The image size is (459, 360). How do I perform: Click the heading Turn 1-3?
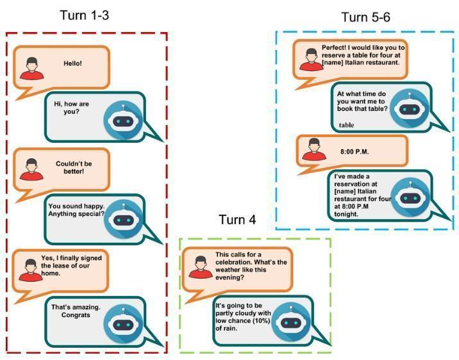(x=85, y=15)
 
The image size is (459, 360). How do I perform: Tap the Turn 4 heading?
(x=237, y=219)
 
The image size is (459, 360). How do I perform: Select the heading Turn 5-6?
(x=365, y=17)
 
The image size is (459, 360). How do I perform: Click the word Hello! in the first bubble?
(x=73, y=63)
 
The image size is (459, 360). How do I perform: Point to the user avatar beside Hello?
(x=32, y=69)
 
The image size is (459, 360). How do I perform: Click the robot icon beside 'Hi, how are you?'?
(x=123, y=120)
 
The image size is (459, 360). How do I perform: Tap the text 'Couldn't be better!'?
(x=74, y=167)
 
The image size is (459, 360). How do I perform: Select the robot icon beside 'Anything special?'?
(x=124, y=219)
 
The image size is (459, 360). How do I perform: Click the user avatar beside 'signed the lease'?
(x=31, y=270)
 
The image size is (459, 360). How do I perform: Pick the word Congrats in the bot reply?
(x=76, y=315)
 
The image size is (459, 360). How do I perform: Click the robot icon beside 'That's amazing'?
(x=123, y=323)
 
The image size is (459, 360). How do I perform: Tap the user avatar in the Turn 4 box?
(x=201, y=267)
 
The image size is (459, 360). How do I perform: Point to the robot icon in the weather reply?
(x=291, y=322)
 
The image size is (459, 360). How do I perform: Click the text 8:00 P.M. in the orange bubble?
(x=355, y=151)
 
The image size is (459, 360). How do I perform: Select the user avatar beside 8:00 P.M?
(x=314, y=149)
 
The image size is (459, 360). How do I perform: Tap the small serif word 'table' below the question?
(x=347, y=125)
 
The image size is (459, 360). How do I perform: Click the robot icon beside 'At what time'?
(x=410, y=108)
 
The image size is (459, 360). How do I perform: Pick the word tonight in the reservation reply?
(x=346, y=214)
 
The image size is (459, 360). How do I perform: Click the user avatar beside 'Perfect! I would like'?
(x=311, y=60)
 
